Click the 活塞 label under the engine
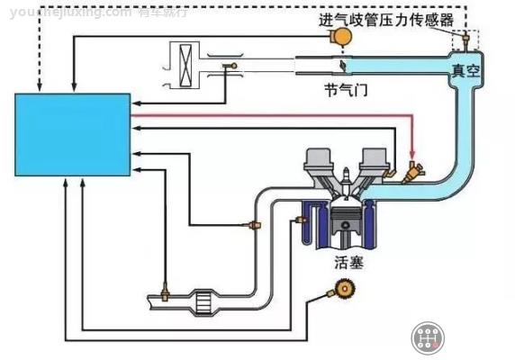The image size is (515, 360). click(347, 264)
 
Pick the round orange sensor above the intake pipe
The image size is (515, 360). click(341, 35)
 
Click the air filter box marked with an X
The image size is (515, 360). click(183, 64)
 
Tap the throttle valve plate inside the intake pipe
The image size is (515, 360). click(342, 64)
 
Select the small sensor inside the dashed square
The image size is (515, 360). click(466, 40)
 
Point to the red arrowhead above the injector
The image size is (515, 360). click(412, 152)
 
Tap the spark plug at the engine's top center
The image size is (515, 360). click(347, 175)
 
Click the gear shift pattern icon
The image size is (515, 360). click(429, 337)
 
